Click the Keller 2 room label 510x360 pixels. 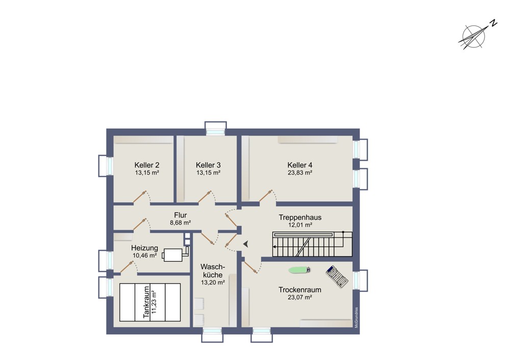[147, 165]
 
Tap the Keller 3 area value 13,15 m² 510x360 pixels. [208, 173]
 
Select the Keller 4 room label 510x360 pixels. [299, 165]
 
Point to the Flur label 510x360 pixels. [180, 215]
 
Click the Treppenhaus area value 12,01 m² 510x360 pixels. [300, 225]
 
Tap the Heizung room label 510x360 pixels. [144, 248]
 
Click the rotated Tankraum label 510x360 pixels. [146, 302]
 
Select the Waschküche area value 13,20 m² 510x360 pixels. [213, 282]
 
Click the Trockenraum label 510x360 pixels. [299, 290]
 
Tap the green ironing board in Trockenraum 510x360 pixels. [299, 270]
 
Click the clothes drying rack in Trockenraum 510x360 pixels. [337, 277]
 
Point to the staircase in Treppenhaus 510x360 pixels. [312, 244]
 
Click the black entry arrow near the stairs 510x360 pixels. [246, 244]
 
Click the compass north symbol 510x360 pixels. [474, 37]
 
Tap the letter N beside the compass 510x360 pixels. [494, 23]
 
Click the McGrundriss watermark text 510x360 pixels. [356, 317]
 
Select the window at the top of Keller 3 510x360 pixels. [215, 128]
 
